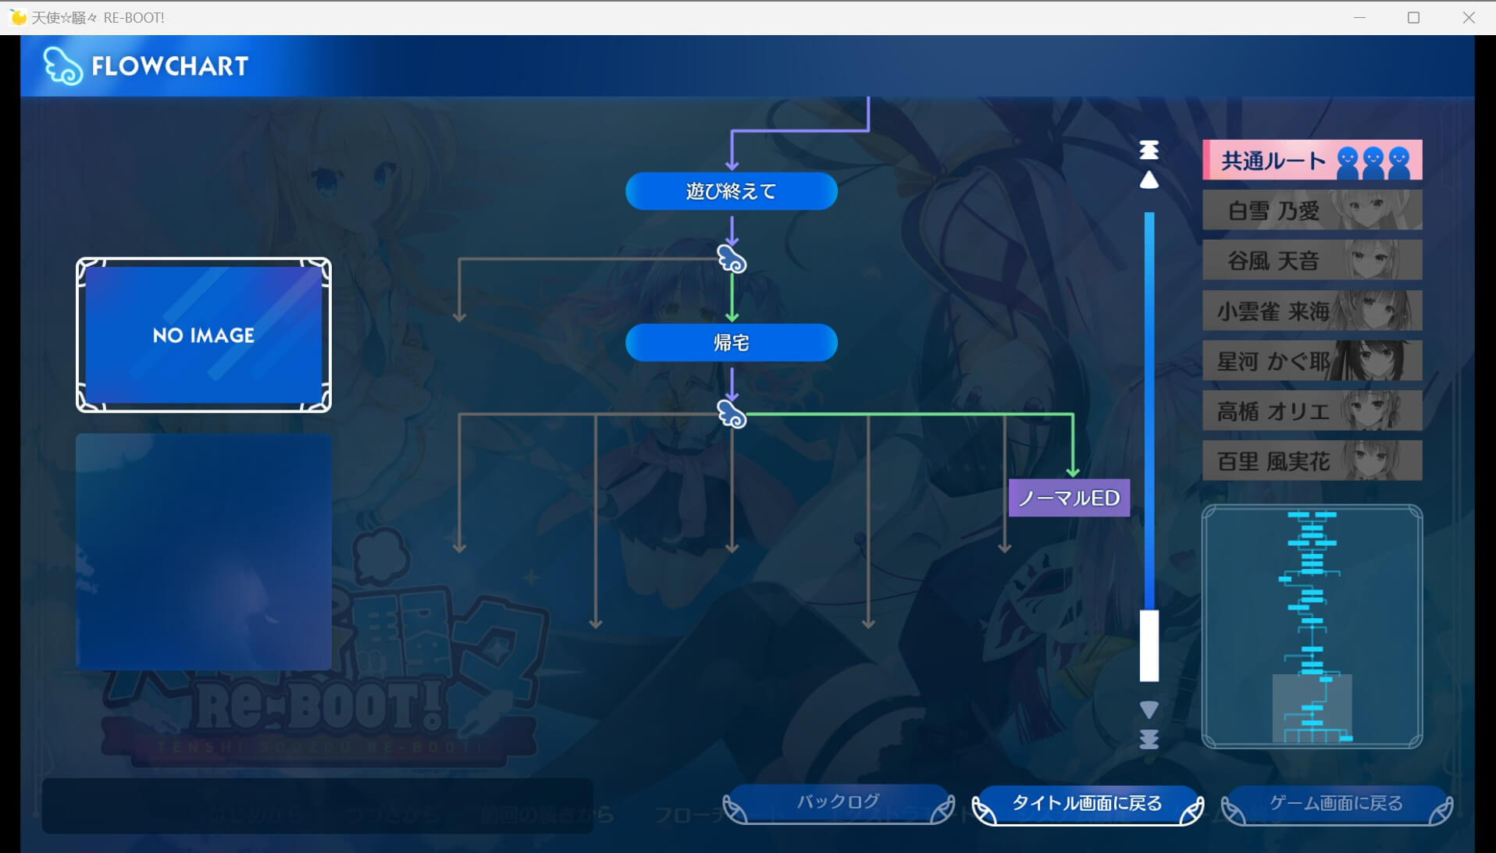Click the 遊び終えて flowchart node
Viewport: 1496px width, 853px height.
coord(731,191)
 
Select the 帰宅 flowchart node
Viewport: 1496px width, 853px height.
coord(731,343)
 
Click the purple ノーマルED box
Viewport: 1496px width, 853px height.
coord(1069,498)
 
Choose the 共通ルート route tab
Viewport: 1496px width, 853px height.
coord(1312,161)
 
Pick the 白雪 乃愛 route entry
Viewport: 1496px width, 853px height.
coord(1312,211)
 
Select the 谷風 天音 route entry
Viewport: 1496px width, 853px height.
coord(1312,261)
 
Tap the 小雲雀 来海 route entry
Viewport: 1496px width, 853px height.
coord(1312,311)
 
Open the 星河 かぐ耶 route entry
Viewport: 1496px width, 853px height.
coord(1312,361)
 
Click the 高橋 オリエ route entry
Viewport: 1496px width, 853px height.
coord(1312,411)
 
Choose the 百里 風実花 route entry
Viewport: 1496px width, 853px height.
coord(1312,460)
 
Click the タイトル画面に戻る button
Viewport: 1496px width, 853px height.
coord(1087,804)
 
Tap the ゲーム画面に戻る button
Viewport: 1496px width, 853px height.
coord(1336,804)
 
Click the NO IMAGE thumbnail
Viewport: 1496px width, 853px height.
coord(204,335)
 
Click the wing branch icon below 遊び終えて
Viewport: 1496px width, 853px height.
coord(732,259)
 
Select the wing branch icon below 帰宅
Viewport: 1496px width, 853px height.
coord(732,414)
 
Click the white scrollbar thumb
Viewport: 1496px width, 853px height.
coord(1149,645)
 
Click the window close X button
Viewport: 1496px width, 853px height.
coord(1469,17)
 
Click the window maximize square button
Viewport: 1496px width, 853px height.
coord(1413,17)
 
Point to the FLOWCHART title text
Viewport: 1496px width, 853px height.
coord(169,66)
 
